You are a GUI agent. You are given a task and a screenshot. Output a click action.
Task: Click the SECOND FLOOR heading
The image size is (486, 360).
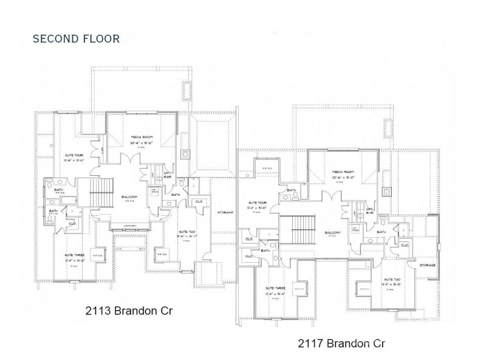tap(76, 39)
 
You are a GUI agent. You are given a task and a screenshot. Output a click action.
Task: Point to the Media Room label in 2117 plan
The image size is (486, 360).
tap(343, 172)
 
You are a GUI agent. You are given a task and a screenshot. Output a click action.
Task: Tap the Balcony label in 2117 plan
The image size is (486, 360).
tap(332, 232)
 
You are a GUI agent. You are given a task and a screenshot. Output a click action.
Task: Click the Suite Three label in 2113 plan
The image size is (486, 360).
tap(74, 255)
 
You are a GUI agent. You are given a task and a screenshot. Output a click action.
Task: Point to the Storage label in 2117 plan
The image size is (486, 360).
tap(428, 266)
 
